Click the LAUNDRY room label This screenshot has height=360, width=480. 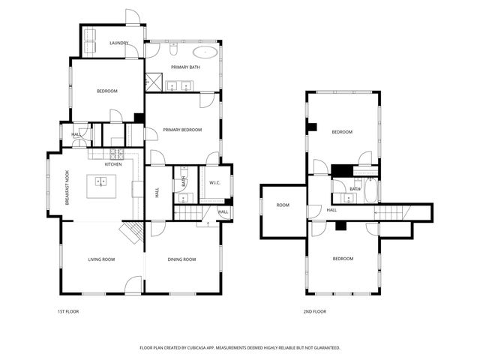(x=118, y=43)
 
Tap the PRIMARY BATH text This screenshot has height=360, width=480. (x=184, y=67)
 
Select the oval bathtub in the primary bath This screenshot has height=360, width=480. (x=205, y=52)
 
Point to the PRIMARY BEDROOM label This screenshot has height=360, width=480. (x=182, y=130)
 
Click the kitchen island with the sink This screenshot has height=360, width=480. (x=100, y=186)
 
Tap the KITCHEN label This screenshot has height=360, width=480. (x=113, y=163)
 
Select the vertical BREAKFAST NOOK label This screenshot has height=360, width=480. (x=67, y=187)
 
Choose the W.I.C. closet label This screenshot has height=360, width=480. (x=213, y=182)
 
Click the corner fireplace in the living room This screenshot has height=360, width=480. (x=133, y=232)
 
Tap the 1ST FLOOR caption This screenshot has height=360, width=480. (x=67, y=311)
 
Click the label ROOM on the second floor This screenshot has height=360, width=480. (x=283, y=205)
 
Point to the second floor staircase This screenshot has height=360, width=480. (x=391, y=213)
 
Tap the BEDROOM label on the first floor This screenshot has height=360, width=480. (x=107, y=91)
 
